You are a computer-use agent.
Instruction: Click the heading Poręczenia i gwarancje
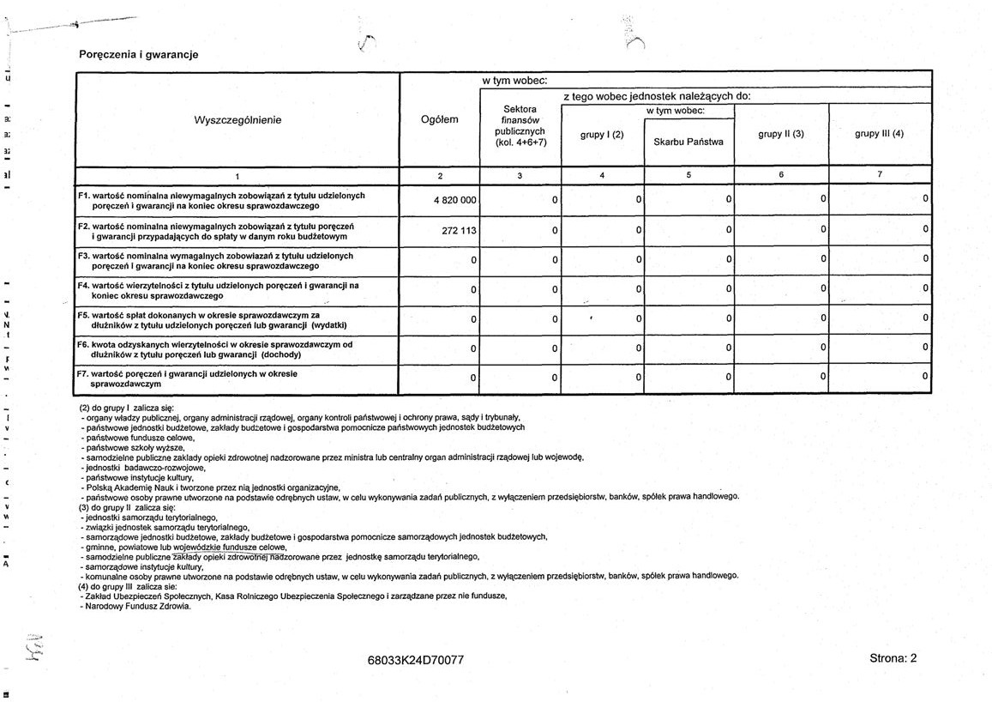138,54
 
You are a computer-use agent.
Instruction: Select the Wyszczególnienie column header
237,120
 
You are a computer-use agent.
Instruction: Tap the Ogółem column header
440,120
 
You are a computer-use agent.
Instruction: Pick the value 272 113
459,231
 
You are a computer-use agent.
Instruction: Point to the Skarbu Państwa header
688,142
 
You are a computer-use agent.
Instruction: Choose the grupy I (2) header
602,135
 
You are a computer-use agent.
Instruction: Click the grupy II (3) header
781,134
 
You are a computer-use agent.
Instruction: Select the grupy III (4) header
879,134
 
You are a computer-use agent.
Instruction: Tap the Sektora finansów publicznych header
520,125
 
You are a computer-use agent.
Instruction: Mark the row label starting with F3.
215,261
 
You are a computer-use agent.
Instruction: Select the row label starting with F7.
189,379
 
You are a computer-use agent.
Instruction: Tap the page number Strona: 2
893,658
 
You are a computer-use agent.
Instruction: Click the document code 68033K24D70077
415,660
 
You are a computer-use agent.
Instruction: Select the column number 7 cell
879,176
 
